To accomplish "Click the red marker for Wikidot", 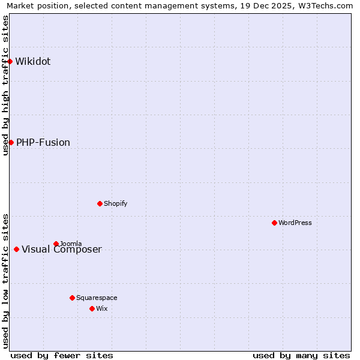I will (x=10, y=61).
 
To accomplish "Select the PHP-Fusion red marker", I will (x=11, y=142).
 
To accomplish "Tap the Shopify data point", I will (x=100, y=203).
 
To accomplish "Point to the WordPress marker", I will (x=274, y=223).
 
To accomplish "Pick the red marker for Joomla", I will (x=56, y=244).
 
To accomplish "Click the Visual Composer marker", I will (x=16, y=249).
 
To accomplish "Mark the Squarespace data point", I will (x=72, y=298).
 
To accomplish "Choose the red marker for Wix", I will (x=92, y=308).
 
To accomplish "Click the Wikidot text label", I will (x=33, y=61).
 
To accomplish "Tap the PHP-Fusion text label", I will (x=43, y=142).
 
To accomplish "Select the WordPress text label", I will (x=295, y=223).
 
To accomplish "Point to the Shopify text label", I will (x=116, y=203).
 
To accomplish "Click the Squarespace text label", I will (x=97, y=298).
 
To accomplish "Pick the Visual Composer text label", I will (x=62, y=250).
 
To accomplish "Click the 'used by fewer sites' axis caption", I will (x=62, y=355).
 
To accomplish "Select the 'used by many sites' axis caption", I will (x=301, y=355).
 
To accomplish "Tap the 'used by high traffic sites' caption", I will (x=5, y=85).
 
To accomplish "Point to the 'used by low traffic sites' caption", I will (x=5, y=281).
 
